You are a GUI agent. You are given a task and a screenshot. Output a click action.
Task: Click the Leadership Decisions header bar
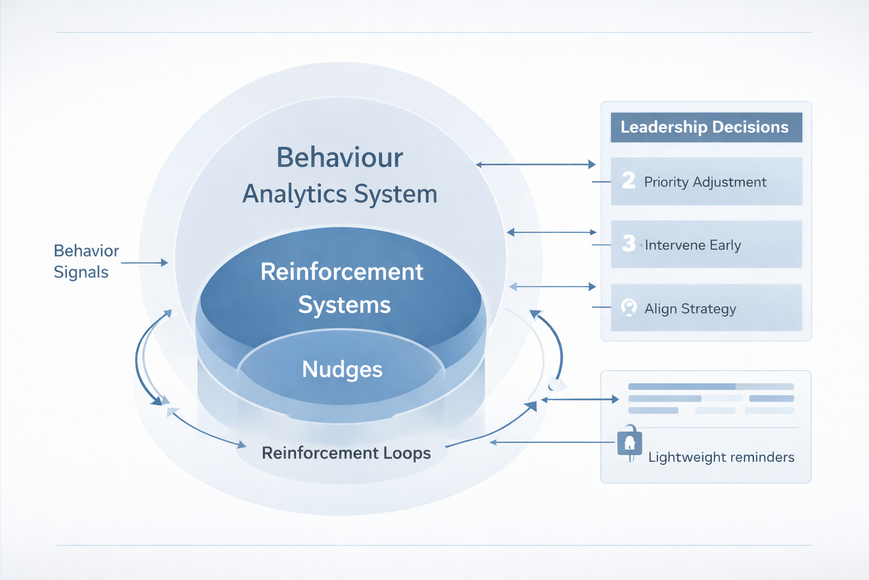(x=705, y=127)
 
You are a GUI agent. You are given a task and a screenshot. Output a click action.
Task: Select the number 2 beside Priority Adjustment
(x=629, y=180)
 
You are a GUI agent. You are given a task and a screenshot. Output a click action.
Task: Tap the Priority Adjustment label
(x=705, y=182)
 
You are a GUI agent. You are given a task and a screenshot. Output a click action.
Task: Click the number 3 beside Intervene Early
(x=629, y=244)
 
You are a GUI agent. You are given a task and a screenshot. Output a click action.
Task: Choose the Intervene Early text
(x=692, y=245)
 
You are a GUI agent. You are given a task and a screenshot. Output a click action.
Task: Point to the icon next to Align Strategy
(x=629, y=308)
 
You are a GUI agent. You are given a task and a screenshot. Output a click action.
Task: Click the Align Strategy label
(x=690, y=309)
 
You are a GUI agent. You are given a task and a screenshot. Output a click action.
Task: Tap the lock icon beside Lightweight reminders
(x=630, y=442)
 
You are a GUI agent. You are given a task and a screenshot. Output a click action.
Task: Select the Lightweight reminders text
(x=721, y=457)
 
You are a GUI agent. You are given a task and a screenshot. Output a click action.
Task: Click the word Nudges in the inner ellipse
(x=342, y=369)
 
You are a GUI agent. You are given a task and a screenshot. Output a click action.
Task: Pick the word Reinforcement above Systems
(x=342, y=272)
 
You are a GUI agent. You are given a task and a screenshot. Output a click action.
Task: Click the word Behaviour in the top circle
(x=339, y=157)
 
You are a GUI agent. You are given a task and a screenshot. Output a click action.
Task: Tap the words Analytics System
(x=340, y=194)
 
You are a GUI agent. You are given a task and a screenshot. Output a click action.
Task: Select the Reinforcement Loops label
(x=346, y=453)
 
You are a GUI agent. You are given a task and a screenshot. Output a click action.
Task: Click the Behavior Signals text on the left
(x=86, y=261)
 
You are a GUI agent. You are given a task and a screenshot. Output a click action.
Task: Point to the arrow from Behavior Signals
(x=145, y=263)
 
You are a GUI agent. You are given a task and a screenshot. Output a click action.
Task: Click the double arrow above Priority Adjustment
(x=535, y=165)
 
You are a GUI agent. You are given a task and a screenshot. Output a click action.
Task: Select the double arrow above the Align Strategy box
(x=553, y=287)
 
